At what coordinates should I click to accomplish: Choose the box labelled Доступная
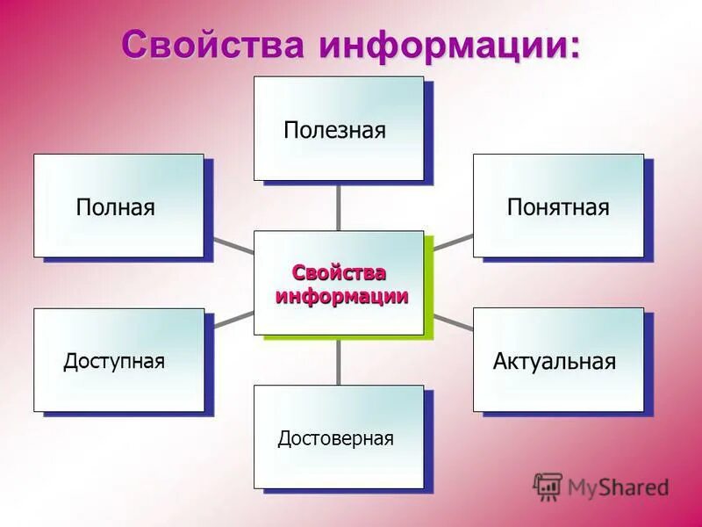(118, 359)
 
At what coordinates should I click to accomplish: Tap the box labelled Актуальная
(558, 359)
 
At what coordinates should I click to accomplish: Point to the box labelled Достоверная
(339, 437)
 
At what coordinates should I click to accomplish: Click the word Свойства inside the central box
(339, 273)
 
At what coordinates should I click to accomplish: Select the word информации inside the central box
(342, 296)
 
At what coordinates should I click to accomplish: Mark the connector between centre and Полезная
(339, 206)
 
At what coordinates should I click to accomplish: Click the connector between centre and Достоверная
(339, 360)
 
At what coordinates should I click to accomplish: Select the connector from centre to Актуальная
(454, 322)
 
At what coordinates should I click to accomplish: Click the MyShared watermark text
(618, 487)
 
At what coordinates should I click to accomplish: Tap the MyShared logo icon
(548, 486)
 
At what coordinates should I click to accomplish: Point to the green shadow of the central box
(430, 290)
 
